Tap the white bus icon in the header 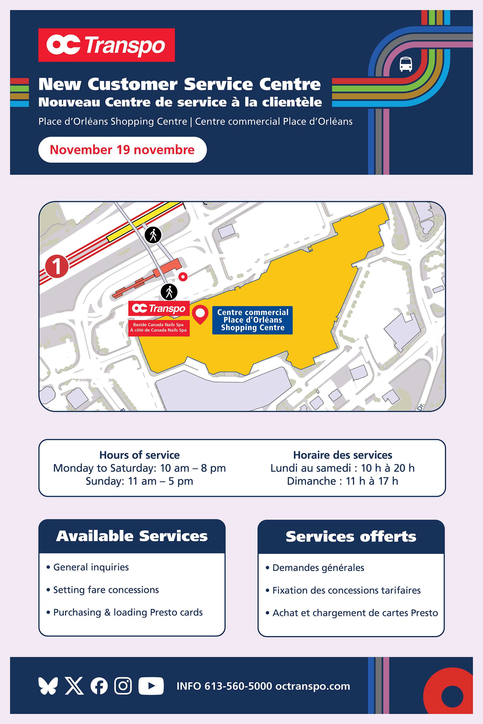(x=406, y=64)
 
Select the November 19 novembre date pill (x=122, y=150)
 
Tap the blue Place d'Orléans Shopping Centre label (x=252, y=320)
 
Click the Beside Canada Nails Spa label (x=159, y=327)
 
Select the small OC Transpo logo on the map (x=159, y=308)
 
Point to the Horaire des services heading (x=343, y=455)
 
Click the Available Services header (x=132, y=536)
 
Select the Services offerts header (x=351, y=536)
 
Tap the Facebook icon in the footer (x=99, y=686)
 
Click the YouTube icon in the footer (x=151, y=686)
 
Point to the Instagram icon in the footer (x=123, y=686)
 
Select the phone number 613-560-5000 (x=238, y=686)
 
